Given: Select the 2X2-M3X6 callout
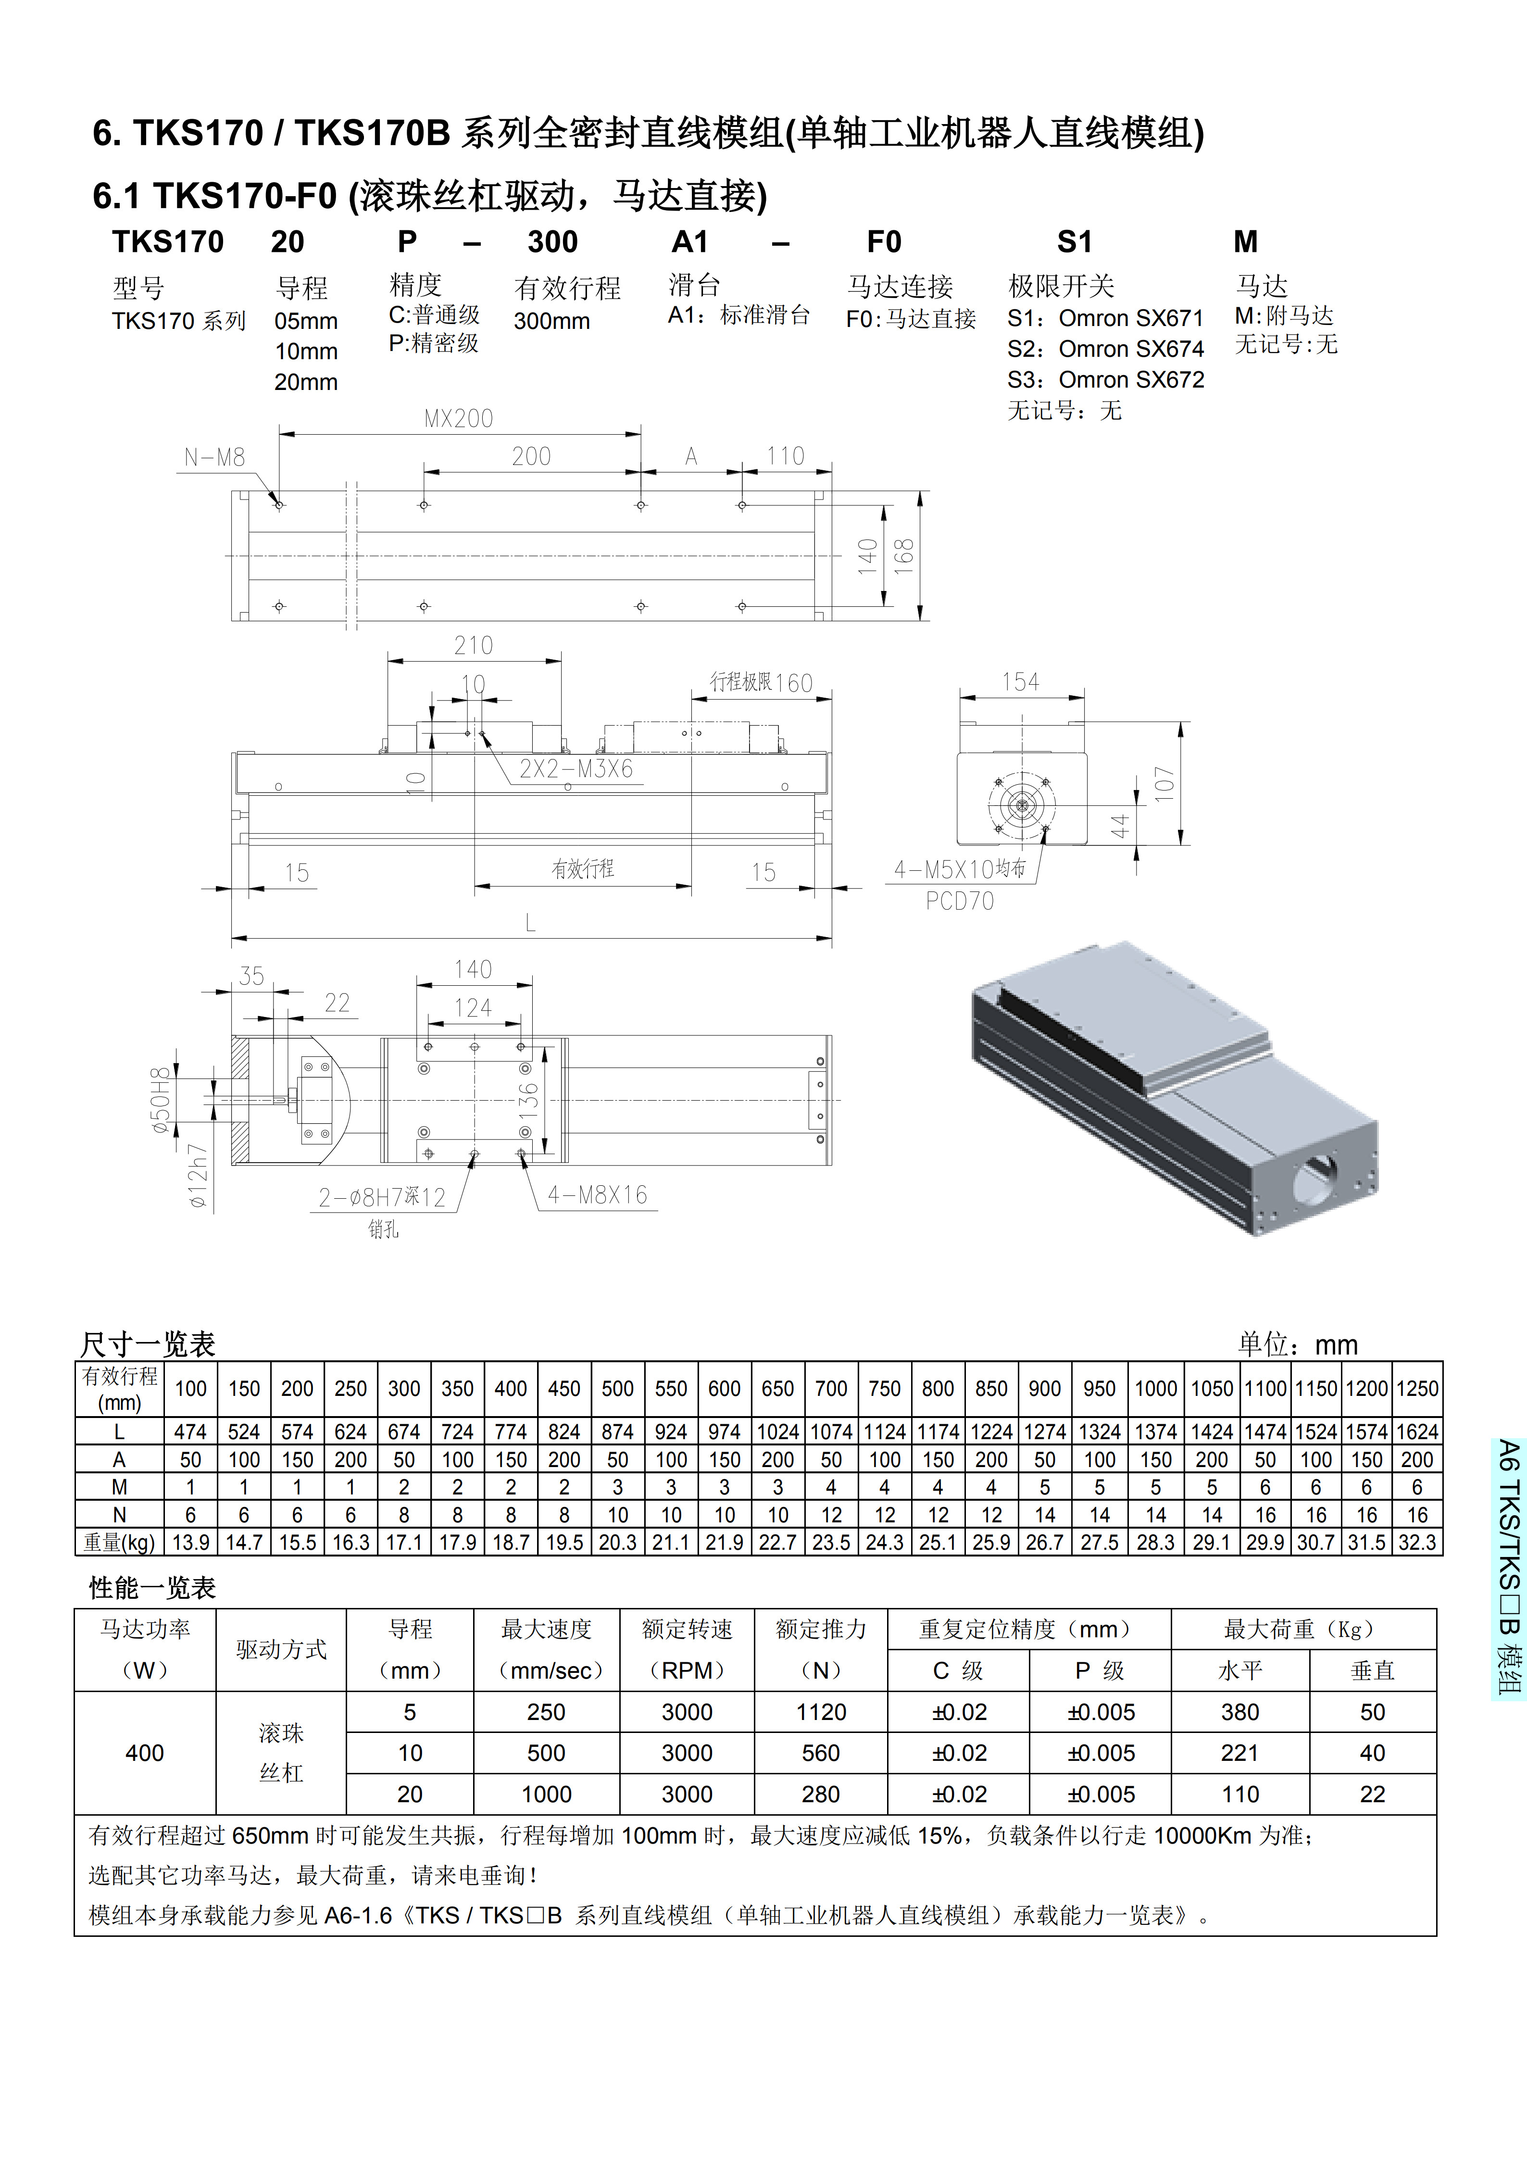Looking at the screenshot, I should pos(576,769).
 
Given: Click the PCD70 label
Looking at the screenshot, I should pos(959,901).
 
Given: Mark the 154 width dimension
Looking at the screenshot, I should pos(1020,682).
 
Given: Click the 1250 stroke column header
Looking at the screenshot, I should pos(1417,1389).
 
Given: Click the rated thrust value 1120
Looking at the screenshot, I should pos(821,1712).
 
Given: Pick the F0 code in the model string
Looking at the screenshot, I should pos(884,243).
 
